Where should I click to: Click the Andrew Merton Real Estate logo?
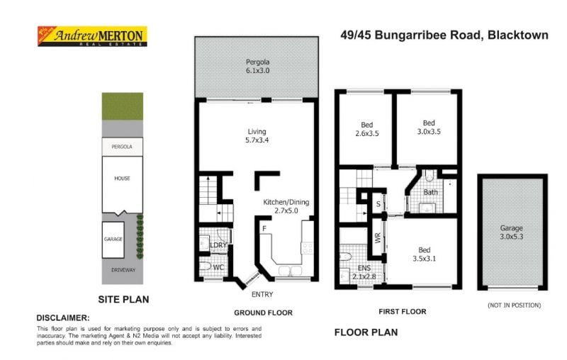pyautogui.click(x=91, y=37)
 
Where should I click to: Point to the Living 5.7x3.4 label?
pyautogui.click(x=257, y=136)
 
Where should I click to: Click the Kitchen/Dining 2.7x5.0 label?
pyautogui.click(x=287, y=206)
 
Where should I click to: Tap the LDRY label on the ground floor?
pyautogui.click(x=218, y=245)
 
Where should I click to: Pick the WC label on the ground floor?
pyautogui.click(x=218, y=266)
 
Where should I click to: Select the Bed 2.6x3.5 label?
pyautogui.click(x=366, y=128)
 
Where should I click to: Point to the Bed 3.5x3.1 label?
pyautogui.click(x=424, y=254)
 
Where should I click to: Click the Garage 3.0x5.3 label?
pyautogui.click(x=511, y=232)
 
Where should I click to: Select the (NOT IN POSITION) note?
pyautogui.click(x=513, y=305)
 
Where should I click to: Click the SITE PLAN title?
pyautogui.click(x=123, y=299)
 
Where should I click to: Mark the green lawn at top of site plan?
pyautogui.click(x=123, y=106)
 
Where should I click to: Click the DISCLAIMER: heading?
pyautogui.click(x=63, y=318)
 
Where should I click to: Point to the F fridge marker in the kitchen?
pyautogui.click(x=264, y=229)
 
